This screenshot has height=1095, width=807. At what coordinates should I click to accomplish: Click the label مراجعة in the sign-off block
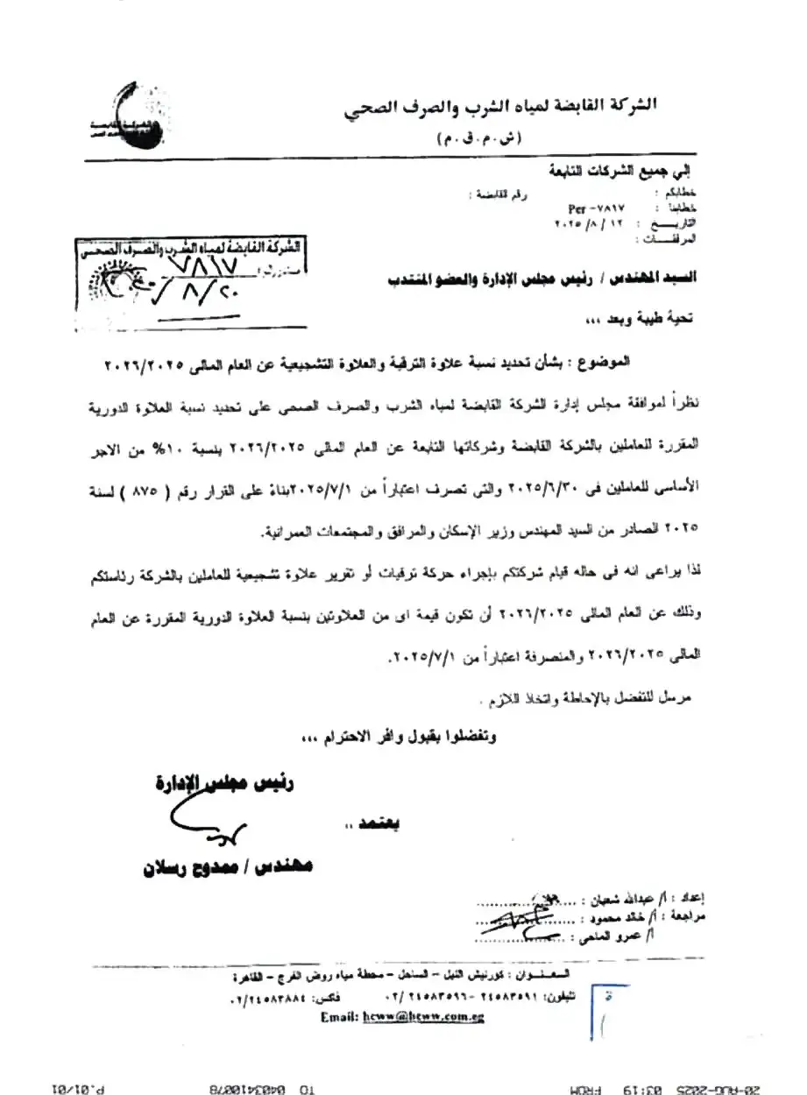(x=698, y=917)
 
